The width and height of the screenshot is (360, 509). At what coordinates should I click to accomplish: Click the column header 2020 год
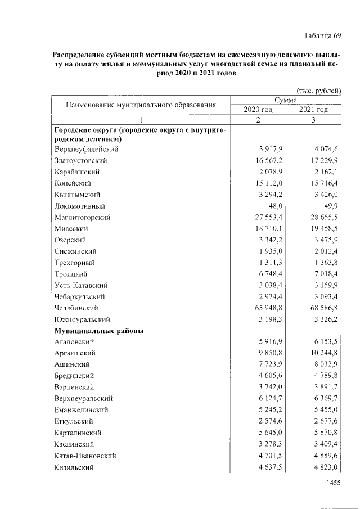[258, 109]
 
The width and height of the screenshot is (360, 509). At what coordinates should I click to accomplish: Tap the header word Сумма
[286, 100]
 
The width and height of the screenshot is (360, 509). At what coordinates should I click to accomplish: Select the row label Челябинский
[76, 308]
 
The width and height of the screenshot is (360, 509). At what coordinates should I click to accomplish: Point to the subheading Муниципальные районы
[99, 331]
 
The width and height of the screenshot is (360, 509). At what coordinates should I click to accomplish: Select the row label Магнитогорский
[82, 217]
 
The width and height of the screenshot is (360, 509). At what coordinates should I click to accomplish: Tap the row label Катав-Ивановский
[85, 455]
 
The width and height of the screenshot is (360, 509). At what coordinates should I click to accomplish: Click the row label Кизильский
[74, 466]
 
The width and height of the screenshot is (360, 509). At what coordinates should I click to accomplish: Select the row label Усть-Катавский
[81, 285]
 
